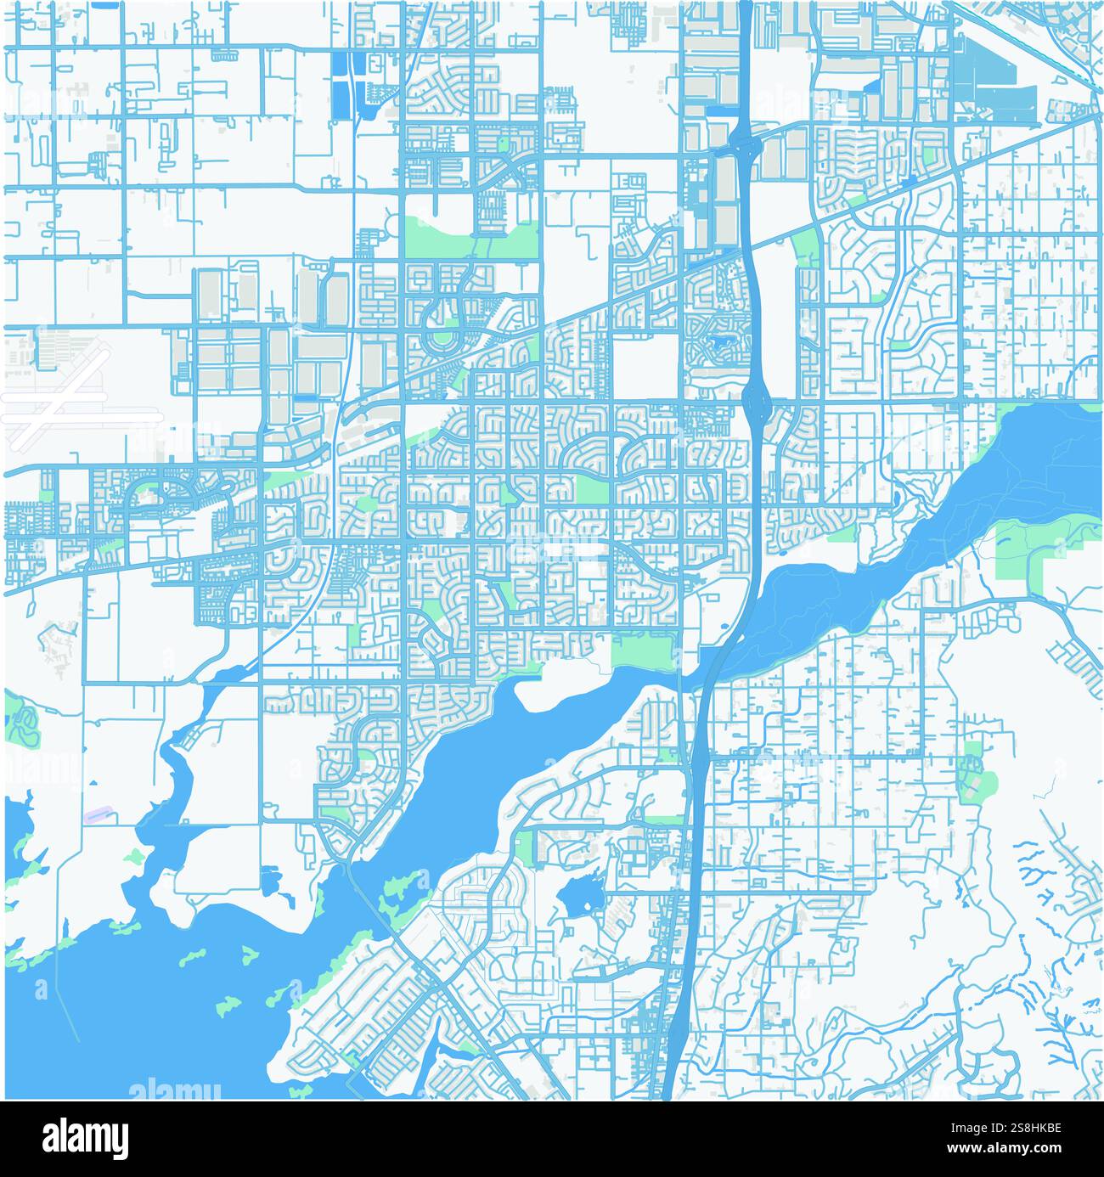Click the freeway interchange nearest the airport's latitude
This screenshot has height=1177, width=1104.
click(x=755, y=396)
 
